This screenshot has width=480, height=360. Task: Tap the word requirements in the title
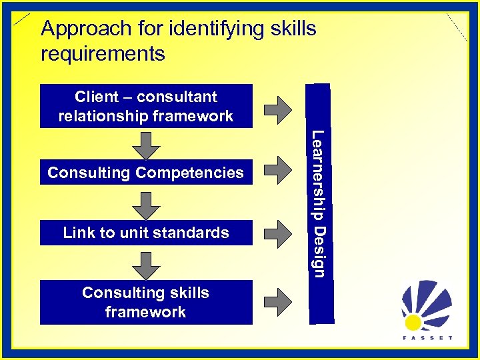(x=103, y=53)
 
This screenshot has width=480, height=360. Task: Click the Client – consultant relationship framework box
(x=146, y=106)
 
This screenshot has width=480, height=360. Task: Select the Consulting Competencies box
(x=146, y=173)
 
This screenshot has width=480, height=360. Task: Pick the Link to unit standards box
(x=146, y=233)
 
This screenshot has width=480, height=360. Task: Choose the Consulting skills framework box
(x=146, y=302)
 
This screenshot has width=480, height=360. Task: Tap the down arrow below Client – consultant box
(x=145, y=143)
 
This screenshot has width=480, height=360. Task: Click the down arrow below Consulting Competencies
(x=145, y=203)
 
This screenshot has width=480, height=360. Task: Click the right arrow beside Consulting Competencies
(x=279, y=173)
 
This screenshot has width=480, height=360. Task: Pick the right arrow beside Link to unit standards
(x=279, y=233)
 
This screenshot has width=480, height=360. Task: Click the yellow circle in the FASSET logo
(x=413, y=322)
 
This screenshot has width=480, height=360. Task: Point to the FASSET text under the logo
(x=427, y=338)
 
